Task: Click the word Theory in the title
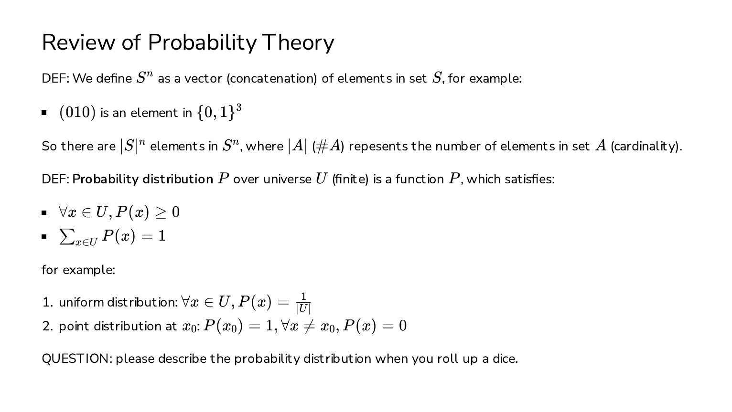coord(298,43)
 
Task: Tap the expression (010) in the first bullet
coord(77,113)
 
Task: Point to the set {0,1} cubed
coord(219,112)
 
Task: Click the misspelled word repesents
coord(378,147)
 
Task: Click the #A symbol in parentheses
coord(328,146)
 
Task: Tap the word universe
coord(287,180)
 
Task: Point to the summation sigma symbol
coord(67,236)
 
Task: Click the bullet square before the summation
coord(44,237)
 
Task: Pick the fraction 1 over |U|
coord(303,303)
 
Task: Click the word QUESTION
coord(76,359)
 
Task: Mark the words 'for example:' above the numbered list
coord(78,270)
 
